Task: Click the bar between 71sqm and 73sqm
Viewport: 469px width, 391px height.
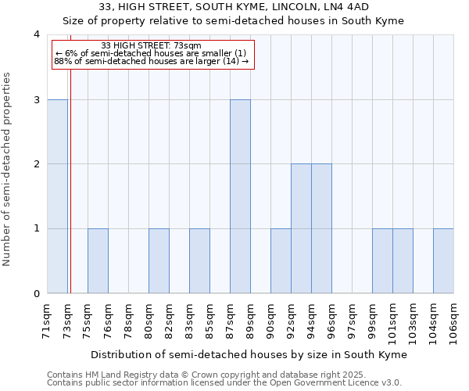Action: pyautogui.click(x=57, y=196)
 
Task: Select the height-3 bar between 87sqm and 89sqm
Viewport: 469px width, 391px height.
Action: pyautogui.click(x=240, y=196)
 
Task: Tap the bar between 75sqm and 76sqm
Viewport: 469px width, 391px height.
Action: pyautogui.click(x=98, y=260)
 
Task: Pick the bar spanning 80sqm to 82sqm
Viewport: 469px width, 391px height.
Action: pyautogui.click(x=159, y=260)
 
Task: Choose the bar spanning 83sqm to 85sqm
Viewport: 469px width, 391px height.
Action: pyautogui.click(x=199, y=260)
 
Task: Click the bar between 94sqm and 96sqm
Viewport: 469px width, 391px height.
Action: pyautogui.click(x=321, y=228)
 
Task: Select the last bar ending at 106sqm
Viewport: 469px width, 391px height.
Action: pyautogui.click(x=443, y=260)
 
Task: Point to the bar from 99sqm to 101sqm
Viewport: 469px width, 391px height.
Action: pyautogui.click(x=382, y=260)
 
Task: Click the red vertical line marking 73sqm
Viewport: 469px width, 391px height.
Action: pyautogui.click(x=70, y=195)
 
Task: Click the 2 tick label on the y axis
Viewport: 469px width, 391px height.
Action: pyautogui.click(x=37, y=164)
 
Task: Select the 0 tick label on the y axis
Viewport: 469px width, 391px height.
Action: pyautogui.click(x=37, y=293)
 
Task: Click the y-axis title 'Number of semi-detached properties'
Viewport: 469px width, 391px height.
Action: pyautogui.click(x=7, y=169)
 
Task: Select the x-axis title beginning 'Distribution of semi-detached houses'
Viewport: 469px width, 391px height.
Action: pyautogui.click(x=250, y=354)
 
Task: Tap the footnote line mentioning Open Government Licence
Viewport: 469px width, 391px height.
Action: pyautogui.click(x=224, y=383)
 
